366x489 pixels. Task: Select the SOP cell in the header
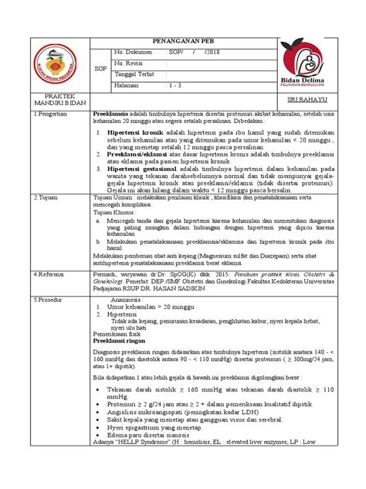pyautogui.click(x=97, y=67)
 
